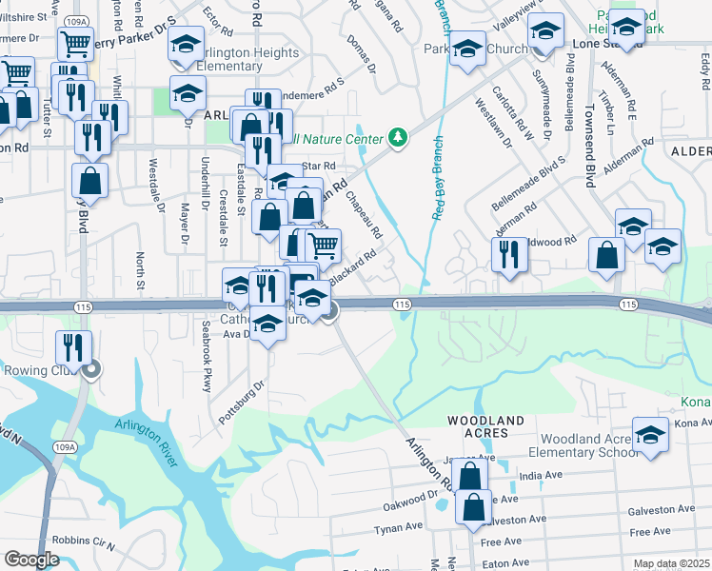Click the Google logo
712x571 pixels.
click(31, 560)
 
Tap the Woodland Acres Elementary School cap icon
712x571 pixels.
click(650, 435)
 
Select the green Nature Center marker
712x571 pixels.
click(398, 139)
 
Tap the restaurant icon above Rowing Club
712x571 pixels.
click(71, 347)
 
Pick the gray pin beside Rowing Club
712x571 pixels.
click(90, 370)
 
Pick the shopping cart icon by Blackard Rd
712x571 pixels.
click(324, 246)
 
